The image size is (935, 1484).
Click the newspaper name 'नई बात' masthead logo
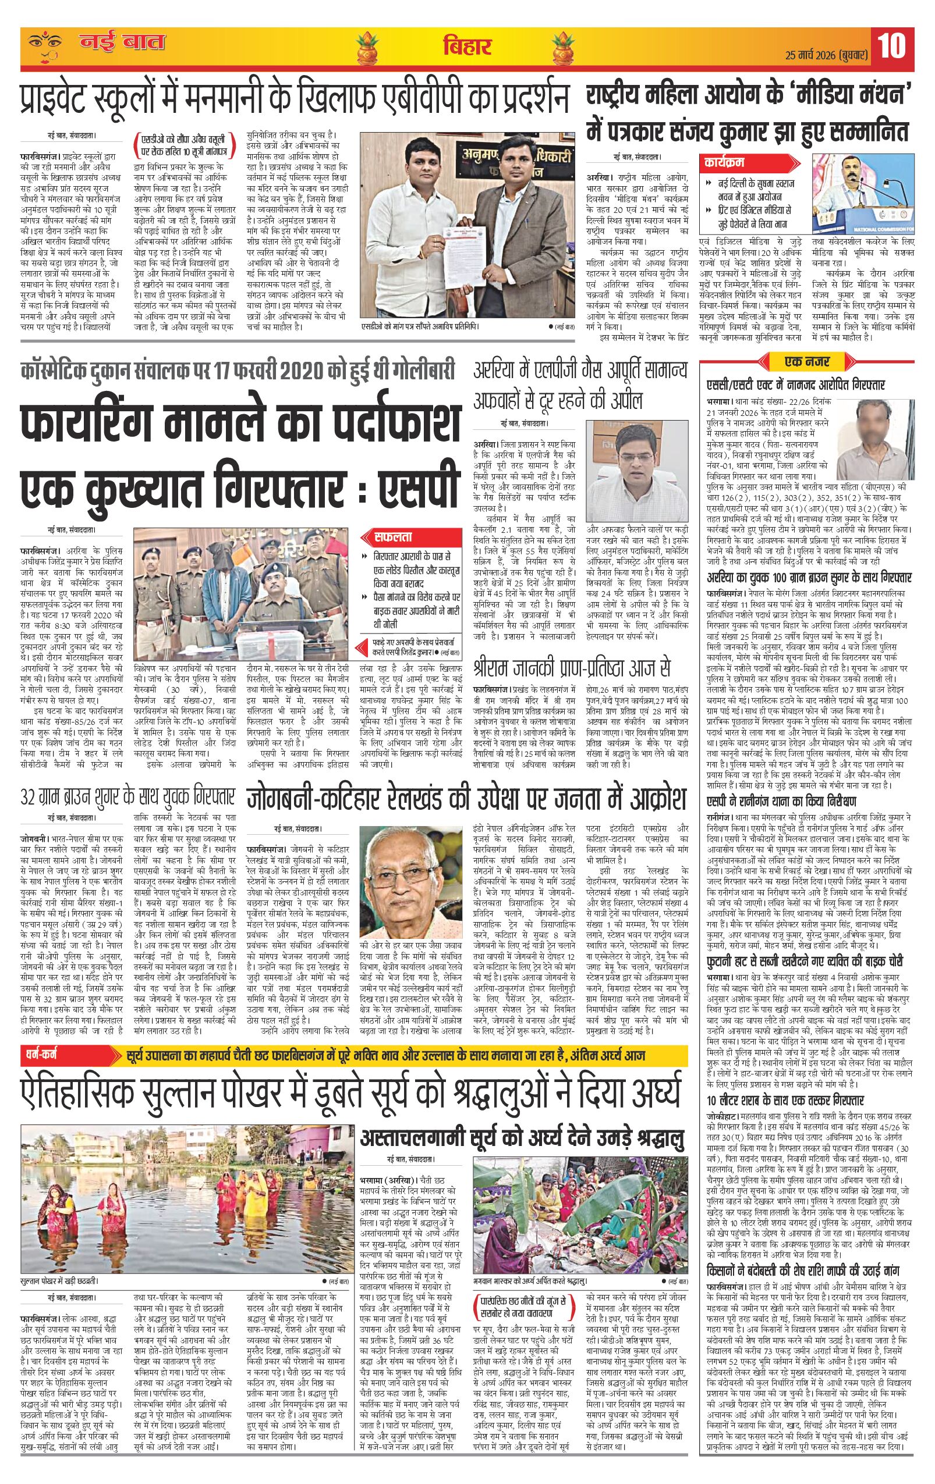click(122, 44)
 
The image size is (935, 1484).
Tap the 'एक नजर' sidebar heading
click(810, 361)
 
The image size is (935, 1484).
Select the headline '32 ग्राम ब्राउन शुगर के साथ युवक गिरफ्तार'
click(127, 796)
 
